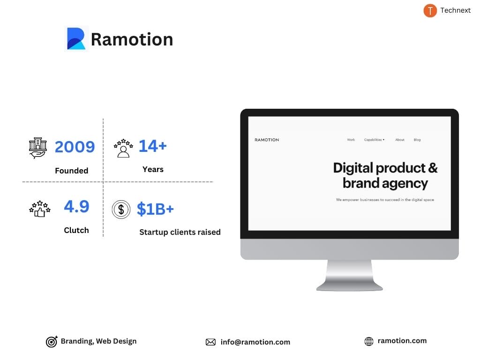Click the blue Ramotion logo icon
coord(76,39)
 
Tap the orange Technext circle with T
coord(430,10)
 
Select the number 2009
coord(75,147)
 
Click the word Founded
coord(71,171)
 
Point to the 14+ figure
coord(152,146)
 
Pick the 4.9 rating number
coord(76,206)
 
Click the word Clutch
coord(76,230)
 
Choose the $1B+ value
coord(155,209)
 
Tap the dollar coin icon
coord(121,209)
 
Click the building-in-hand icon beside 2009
coord(37,148)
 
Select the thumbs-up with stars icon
coord(39,209)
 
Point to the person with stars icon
coord(123,148)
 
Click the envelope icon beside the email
coord(210,342)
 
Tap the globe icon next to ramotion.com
coord(369,342)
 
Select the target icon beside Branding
coord(52,342)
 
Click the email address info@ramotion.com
coord(255,342)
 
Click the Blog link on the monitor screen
coord(417,140)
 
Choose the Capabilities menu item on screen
coord(374,140)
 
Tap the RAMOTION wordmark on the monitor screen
coord(267,140)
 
